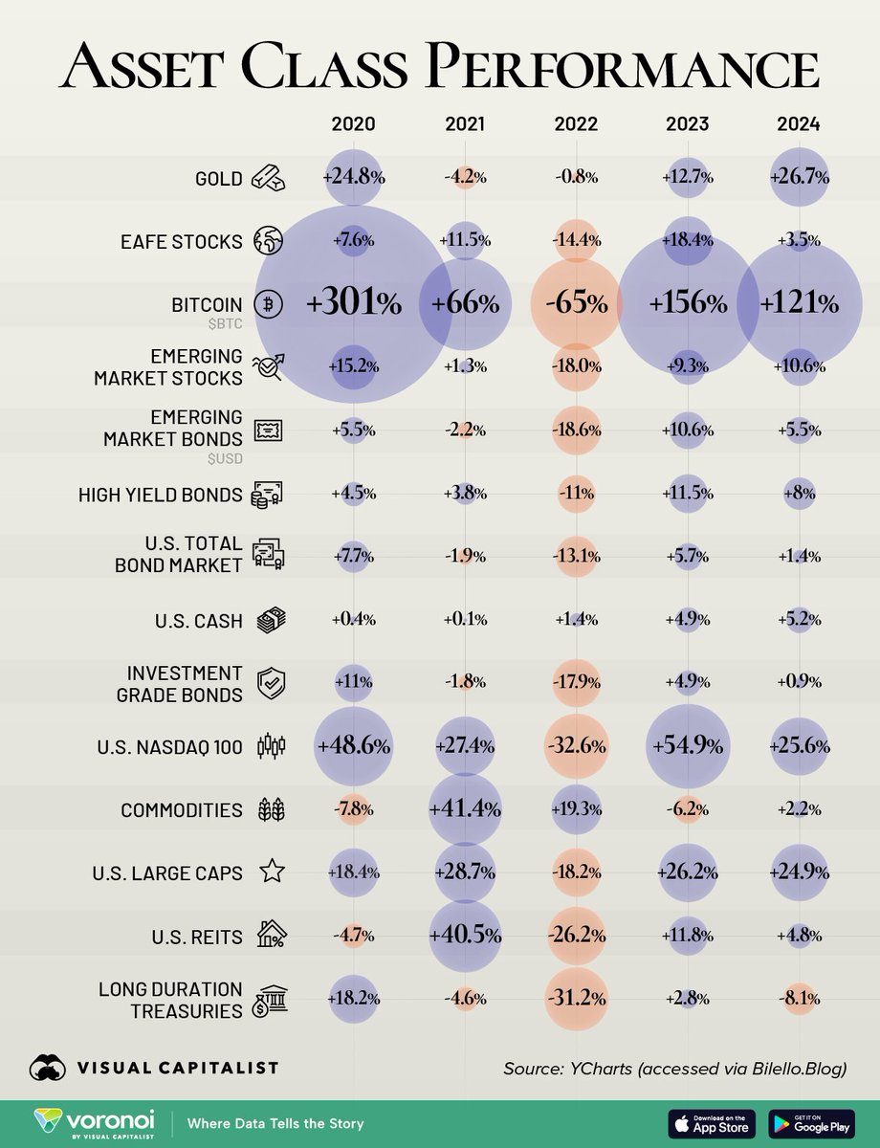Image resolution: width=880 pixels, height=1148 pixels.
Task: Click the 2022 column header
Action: [x=575, y=124]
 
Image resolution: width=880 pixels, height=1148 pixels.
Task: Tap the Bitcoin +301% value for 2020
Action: [x=353, y=304]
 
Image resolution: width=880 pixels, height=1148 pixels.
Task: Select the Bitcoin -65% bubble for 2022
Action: [x=575, y=304]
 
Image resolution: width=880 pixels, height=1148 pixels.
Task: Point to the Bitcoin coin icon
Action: [x=268, y=304]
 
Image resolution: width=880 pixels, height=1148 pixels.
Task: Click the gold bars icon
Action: [x=268, y=177]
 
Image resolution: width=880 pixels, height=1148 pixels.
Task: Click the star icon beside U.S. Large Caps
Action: [x=272, y=872]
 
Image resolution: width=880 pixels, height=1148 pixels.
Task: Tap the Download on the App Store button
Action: [x=711, y=1122]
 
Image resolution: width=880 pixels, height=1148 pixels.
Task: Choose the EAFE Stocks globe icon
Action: [x=268, y=241]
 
